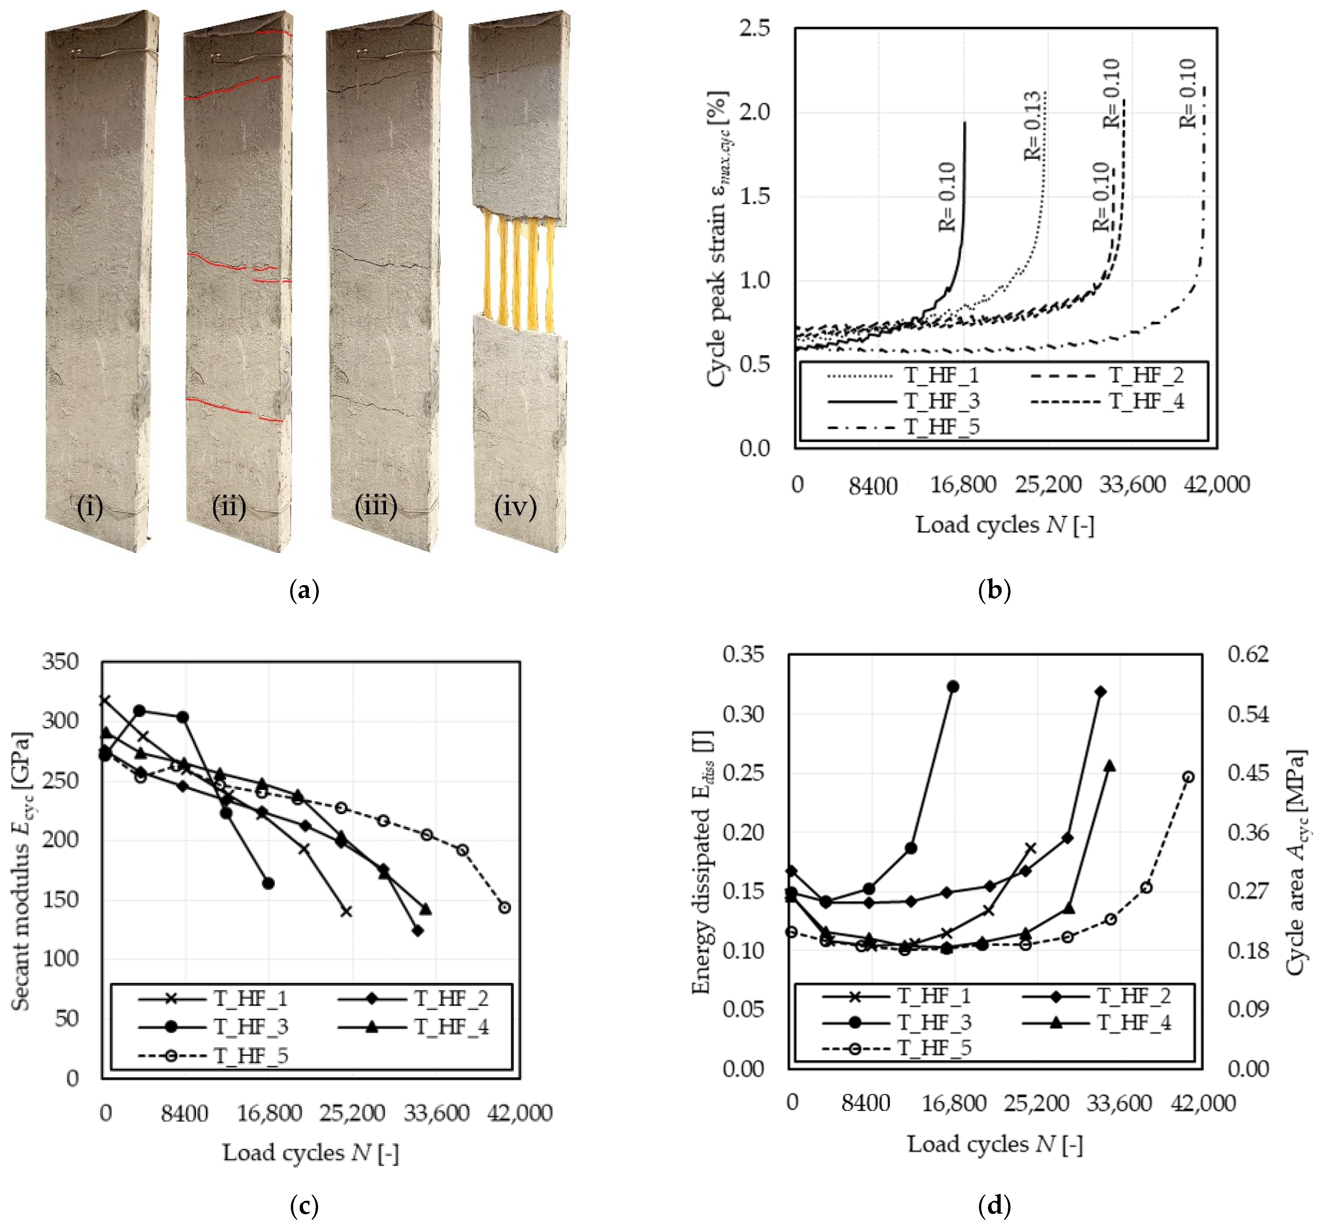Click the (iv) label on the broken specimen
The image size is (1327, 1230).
[x=515, y=507]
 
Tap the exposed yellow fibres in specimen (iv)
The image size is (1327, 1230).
[x=518, y=276]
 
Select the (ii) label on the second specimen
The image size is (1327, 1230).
[x=228, y=507]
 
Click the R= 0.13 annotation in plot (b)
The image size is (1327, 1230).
[x=1032, y=125]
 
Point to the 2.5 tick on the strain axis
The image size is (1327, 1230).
[x=754, y=28]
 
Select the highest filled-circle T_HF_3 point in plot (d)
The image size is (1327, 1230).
[x=953, y=686]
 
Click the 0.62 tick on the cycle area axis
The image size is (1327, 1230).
[x=1248, y=654]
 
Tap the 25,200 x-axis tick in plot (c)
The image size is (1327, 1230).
[x=352, y=1113]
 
